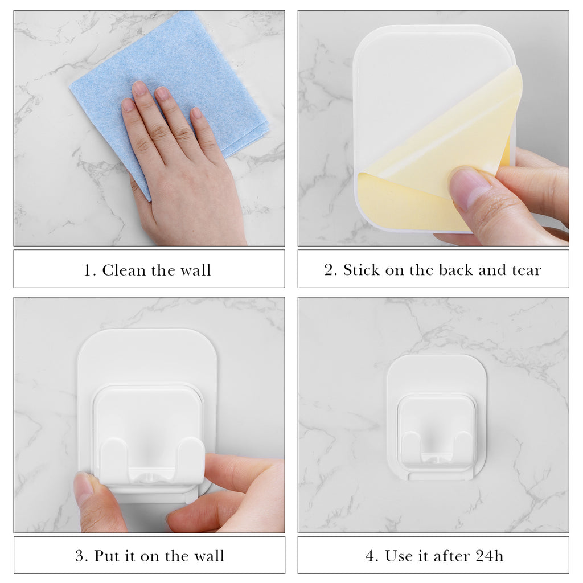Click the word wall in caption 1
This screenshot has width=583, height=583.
point(196,270)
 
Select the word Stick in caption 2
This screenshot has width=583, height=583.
point(362,270)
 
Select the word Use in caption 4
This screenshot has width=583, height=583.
point(399,556)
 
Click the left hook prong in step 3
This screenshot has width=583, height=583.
point(115,457)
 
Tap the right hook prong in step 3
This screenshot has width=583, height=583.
point(191,455)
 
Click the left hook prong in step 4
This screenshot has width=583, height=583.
point(412,446)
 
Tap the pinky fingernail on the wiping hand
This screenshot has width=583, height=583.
point(196,113)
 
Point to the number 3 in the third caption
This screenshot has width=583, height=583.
point(80,556)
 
